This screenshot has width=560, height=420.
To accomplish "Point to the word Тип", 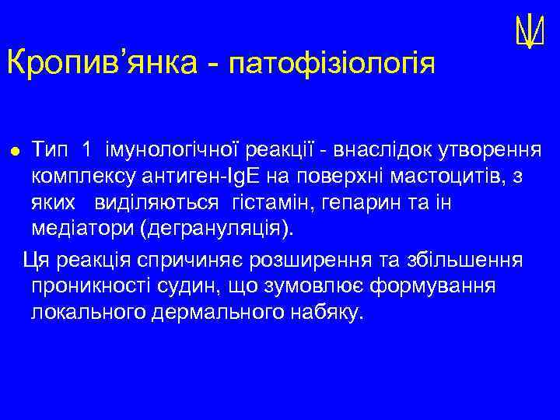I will click(x=51, y=149).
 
